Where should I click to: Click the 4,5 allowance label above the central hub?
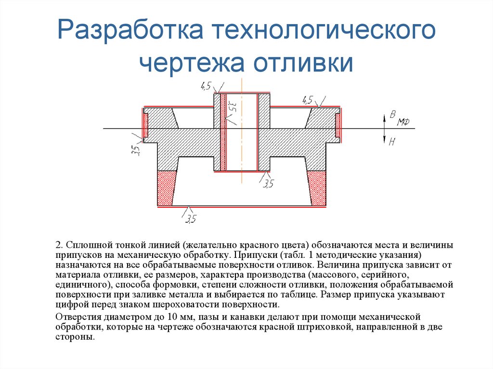[206, 86]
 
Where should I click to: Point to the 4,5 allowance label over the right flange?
[307, 100]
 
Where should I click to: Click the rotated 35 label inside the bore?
[231, 106]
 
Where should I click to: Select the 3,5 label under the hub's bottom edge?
[268, 183]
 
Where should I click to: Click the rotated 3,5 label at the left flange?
[135, 150]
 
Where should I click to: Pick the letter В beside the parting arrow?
[392, 114]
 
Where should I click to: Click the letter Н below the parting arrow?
[392, 141]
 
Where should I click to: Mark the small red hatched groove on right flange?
[338, 127]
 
